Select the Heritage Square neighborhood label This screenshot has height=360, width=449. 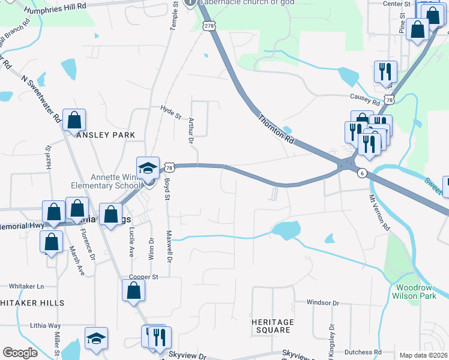pyautogui.click(x=273, y=326)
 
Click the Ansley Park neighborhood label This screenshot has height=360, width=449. pyautogui.click(x=106, y=135)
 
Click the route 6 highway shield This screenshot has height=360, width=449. pyautogui.click(x=362, y=173)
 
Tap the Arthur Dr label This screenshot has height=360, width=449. pyautogui.click(x=190, y=131)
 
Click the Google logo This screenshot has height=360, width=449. pyautogui.click(x=20, y=353)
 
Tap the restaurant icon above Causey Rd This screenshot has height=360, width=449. pyautogui.click(x=383, y=71)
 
